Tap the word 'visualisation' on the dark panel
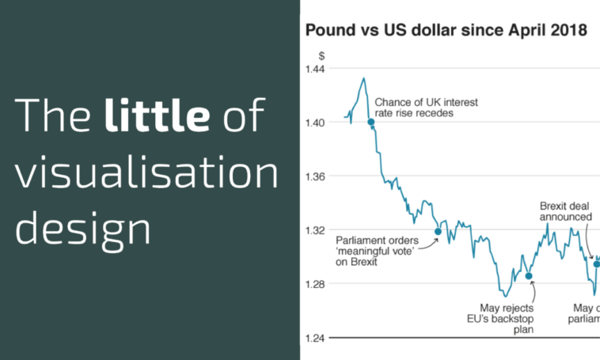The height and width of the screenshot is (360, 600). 147,171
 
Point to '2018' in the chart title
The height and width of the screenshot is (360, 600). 567,31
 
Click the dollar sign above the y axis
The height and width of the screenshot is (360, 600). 321,56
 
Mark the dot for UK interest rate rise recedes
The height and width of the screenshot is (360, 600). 370,122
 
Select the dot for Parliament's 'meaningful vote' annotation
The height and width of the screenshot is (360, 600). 438,232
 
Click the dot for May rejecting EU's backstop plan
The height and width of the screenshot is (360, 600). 530,276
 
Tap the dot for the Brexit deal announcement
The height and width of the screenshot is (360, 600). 597,263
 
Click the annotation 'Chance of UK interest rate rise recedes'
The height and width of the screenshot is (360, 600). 426,108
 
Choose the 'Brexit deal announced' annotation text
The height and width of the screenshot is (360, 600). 565,210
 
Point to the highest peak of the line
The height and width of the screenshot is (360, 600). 363,78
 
